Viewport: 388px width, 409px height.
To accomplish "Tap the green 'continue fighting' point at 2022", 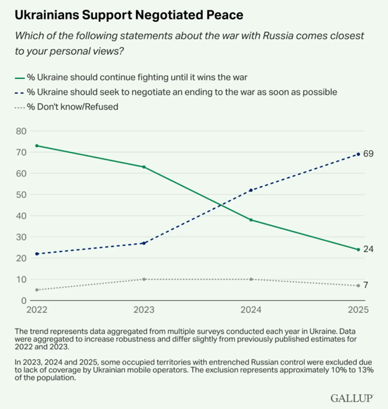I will click(37, 146).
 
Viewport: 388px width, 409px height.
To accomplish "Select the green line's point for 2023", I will click(144, 167).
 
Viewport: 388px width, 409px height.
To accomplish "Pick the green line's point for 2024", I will click(251, 220).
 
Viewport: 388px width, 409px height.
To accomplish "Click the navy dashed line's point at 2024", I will click(251, 190).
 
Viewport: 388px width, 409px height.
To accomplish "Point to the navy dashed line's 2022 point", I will click(37, 254).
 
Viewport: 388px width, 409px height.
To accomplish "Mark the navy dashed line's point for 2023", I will click(144, 243).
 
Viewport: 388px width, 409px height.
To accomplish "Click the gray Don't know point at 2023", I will click(144, 279).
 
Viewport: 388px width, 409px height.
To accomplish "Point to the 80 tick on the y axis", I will click(21, 131).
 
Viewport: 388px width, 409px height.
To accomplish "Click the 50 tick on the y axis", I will click(21, 194).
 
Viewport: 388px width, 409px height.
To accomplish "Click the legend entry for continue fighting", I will click(136, 78).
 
